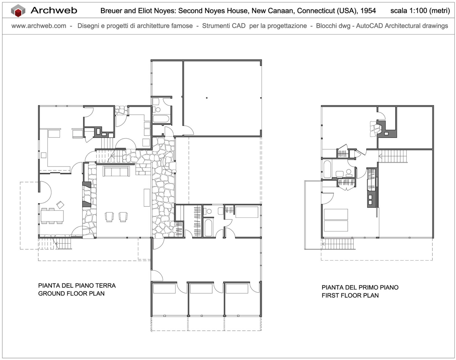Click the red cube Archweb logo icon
(x=18, y=11)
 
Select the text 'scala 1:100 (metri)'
(x=420, y=11)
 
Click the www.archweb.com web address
(x=39, y=26)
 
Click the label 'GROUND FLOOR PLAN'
(x=72, y=294)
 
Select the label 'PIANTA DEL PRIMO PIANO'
(x=360, y=287)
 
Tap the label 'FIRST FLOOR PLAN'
(x=350, y=295)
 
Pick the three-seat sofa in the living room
(x=116, y=171)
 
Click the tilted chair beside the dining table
(x=60, y=205)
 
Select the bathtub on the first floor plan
(x=327, y=169)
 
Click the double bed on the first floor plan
(x=336, y=220)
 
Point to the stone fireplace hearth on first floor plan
(x=375, y=129)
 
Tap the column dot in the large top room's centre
(x=207, y=98)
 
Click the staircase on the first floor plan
(x=393, y=156)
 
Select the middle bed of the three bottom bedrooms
(x=201, y=288)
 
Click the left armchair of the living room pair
(x=109, y=217)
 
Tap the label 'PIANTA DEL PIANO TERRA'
(x=77, y=285)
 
